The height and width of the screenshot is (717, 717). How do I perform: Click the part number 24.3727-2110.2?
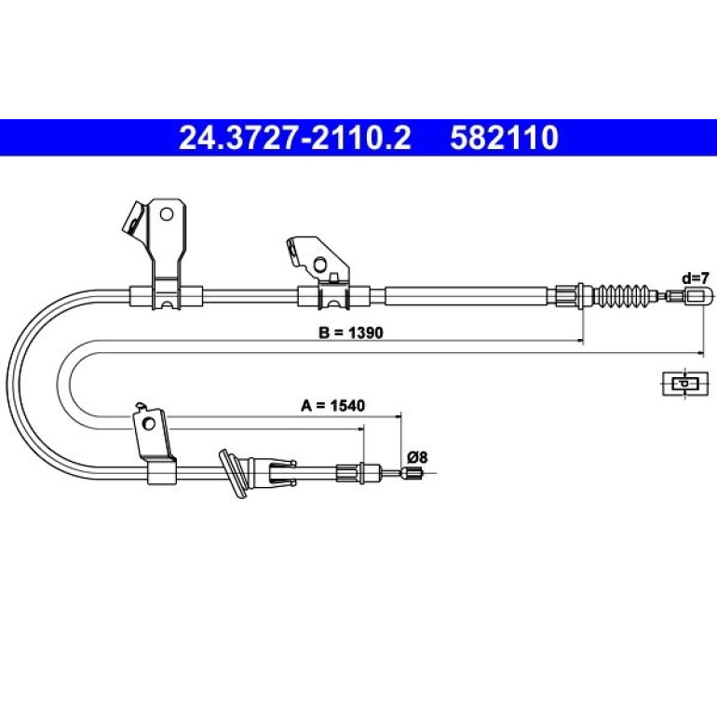[x=295, y=138]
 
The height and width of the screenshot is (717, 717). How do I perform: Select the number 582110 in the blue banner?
[x=505, y=138]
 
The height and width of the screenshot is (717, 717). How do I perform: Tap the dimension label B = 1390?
[x=351, y=332]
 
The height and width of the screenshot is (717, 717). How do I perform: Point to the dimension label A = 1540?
[x=333, y=405]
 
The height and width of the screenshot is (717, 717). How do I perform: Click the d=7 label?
[x=695, y=278]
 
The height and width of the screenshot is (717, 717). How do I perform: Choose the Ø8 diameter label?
[x=417, y=457]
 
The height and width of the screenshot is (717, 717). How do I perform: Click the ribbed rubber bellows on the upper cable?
[x=624, y=295]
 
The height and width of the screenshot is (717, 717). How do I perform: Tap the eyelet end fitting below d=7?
[x=697, y=295]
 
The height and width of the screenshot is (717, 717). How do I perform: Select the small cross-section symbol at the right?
[x=685, y=384]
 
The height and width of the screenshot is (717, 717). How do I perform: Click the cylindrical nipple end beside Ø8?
[x=412, y=473]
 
